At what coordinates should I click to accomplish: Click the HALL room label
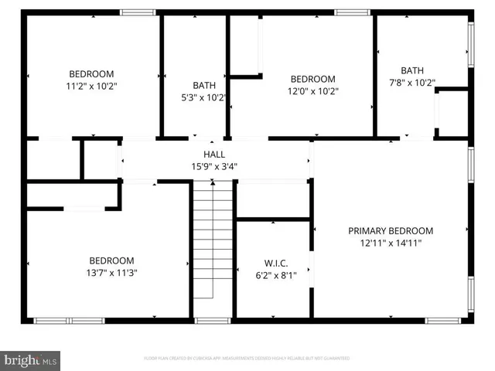tap(214, 155)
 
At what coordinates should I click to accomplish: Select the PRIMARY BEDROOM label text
tap(390, 231)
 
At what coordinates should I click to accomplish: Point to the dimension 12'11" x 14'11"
tap(390, 243)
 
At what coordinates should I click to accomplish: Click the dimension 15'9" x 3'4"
tap(214, 165)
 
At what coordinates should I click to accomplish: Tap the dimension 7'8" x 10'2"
tap(418, 83)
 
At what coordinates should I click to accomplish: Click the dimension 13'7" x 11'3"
tap(111, 272)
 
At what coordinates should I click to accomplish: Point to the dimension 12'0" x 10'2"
tap(312, 90)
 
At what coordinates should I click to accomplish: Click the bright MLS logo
tap(31, 359)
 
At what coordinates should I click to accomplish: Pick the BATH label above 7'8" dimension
tap(412, 71)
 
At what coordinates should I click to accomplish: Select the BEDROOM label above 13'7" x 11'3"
tap(111, 260)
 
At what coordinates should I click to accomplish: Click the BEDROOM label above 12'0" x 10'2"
tap(312, 79)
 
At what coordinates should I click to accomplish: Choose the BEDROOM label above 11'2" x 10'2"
tap(91, 74)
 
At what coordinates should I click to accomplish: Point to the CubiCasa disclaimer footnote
tap(247, 359)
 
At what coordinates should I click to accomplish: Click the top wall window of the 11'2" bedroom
tap(138, 12)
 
